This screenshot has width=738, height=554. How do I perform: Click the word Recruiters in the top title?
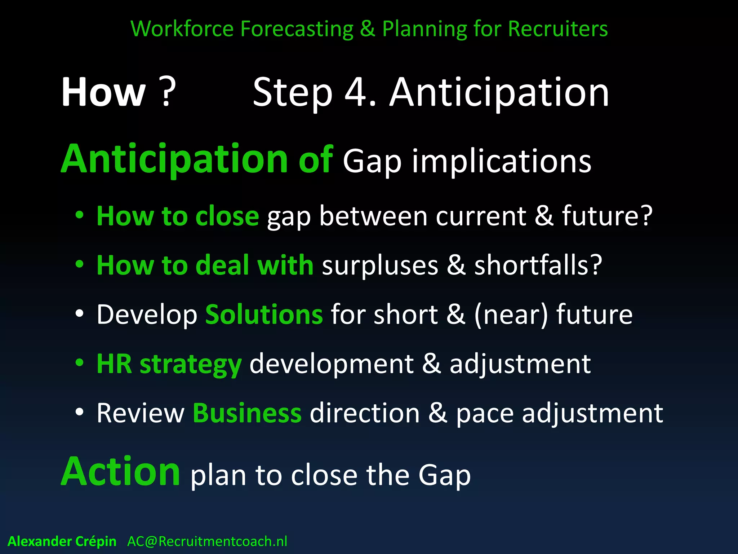tap(557, 29)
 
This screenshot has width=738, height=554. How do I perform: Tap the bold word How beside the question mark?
tap(103, 92)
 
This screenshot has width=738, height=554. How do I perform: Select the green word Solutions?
tap(264, 315)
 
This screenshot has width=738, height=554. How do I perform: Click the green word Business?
tap(247, 413)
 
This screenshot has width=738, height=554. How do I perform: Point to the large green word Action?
tap(120, 472)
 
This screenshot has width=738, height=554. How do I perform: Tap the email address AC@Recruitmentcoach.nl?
tap(207, 541)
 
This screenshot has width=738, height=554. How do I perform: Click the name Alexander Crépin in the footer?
tap(62, 541)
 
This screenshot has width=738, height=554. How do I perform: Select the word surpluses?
tap(380, 265)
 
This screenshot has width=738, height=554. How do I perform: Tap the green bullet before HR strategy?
tap(80, 363)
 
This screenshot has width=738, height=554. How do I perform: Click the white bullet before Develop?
tap(80, 314)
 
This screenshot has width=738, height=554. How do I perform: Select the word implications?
tap(501, 162)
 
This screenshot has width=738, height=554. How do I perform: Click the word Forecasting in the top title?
tap(297, 29)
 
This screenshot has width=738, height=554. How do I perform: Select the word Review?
tap(140, 413)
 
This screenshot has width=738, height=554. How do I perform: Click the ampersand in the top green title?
tap(367, 29)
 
